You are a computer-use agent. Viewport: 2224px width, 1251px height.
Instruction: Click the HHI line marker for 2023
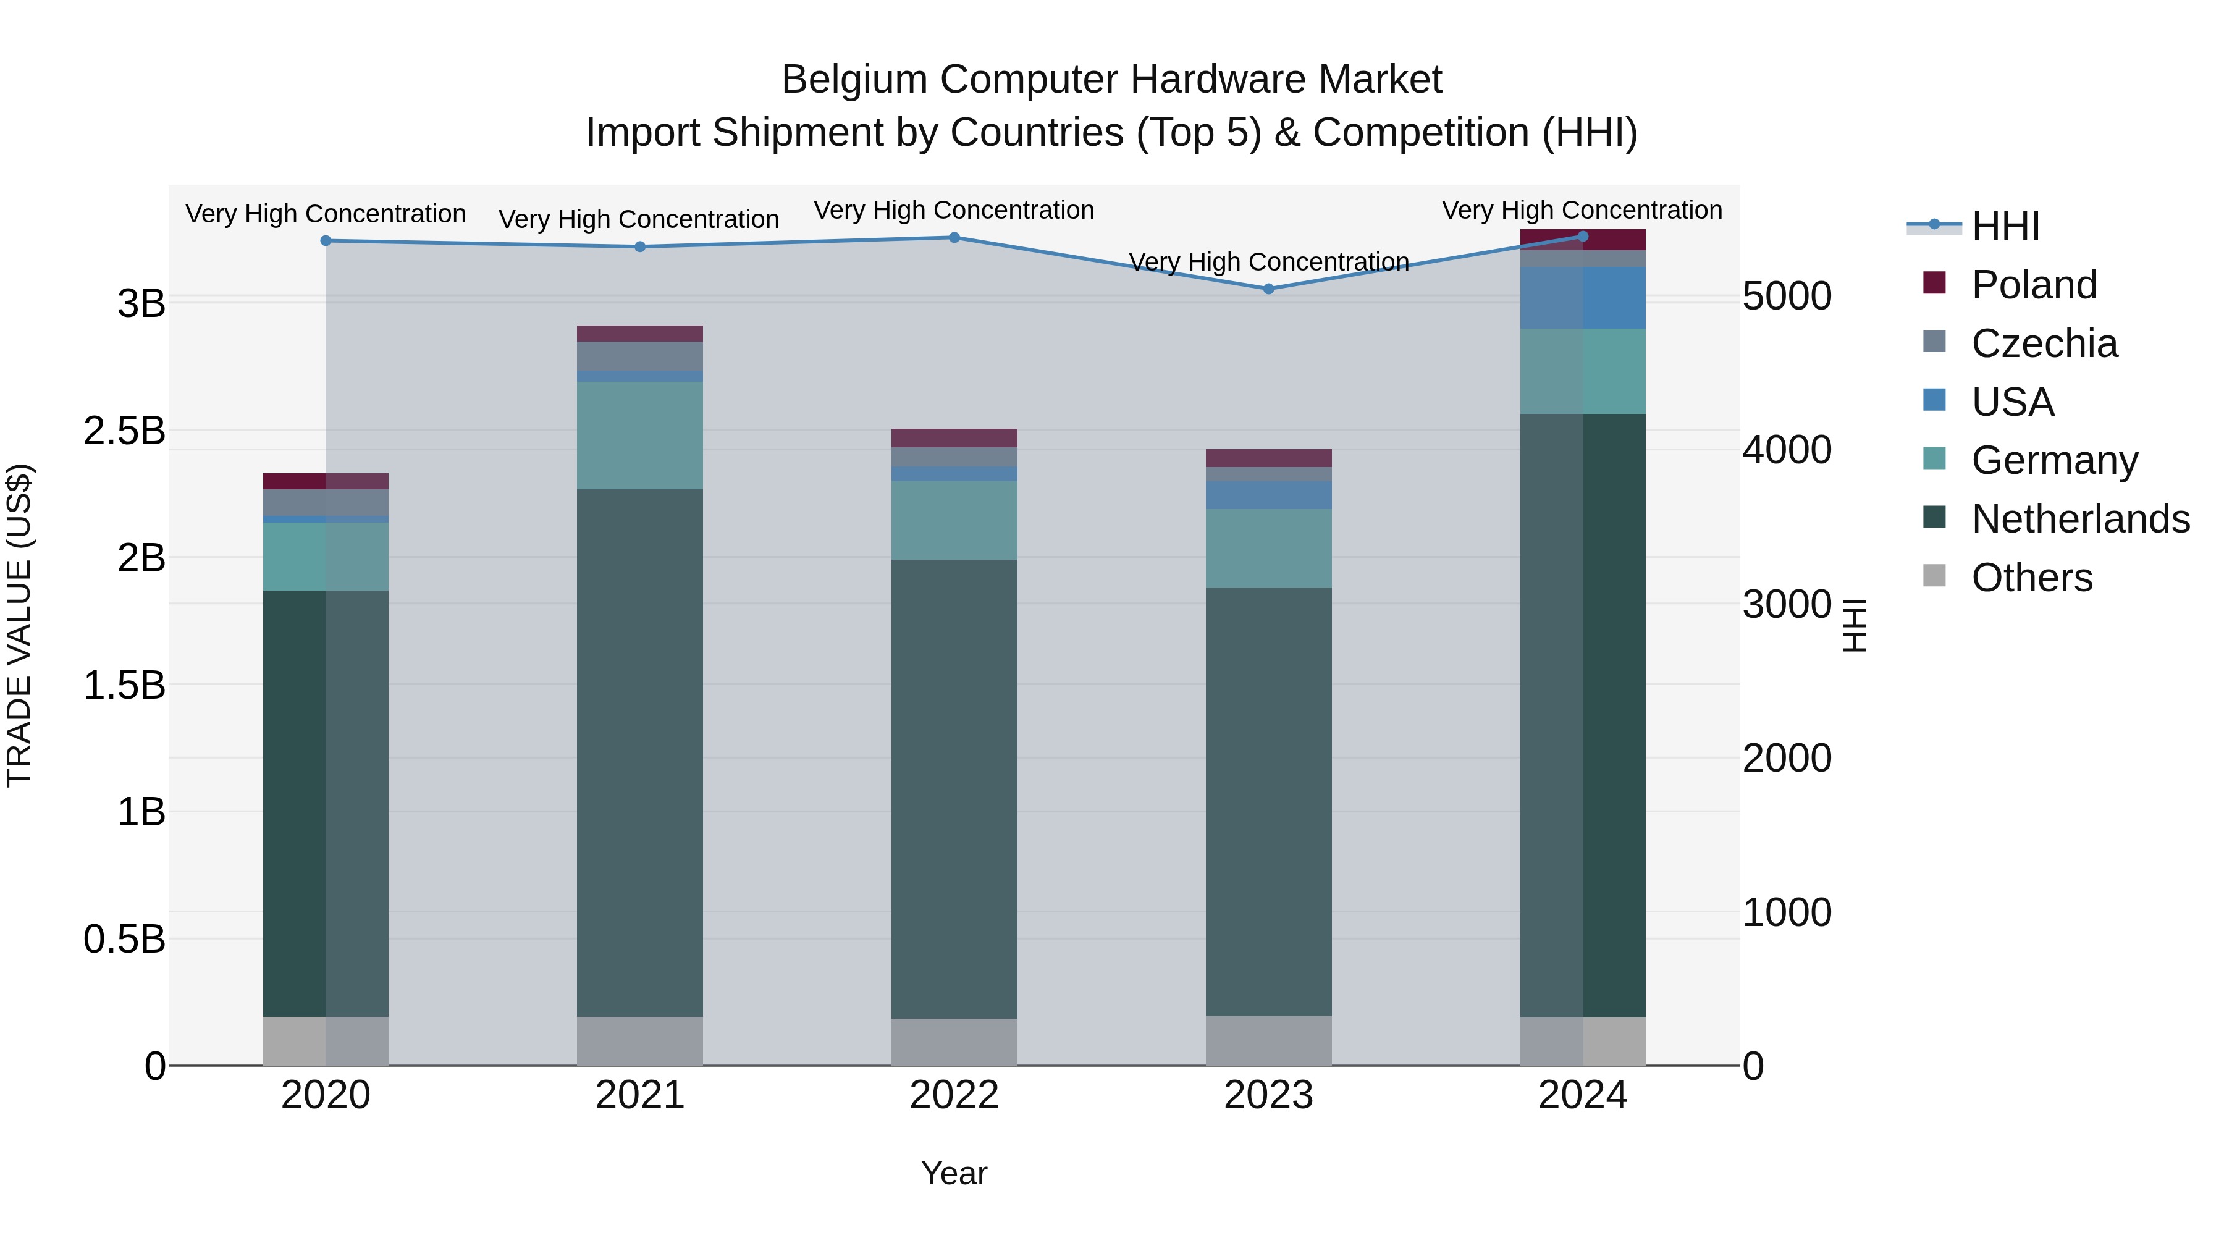[x=1268, y=289]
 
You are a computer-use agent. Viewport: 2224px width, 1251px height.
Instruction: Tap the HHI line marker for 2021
[x=640, y=247]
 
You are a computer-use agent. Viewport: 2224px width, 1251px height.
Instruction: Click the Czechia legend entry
[x=2044, y=343]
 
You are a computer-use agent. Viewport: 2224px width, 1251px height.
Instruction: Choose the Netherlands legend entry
[x=2080, y=519]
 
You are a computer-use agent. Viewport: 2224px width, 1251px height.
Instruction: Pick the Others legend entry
[x=2031, y=578]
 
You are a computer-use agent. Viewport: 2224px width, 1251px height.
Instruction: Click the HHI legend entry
[x=2005, y=226]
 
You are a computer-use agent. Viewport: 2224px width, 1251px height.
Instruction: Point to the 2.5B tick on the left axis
[x=124, y=431]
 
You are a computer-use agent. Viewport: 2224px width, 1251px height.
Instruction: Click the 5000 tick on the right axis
[x=1786, y=296]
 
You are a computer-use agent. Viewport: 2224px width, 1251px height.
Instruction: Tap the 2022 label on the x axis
[x=954, y=1095]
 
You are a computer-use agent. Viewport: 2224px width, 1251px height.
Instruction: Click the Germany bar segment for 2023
[x=1268, y=548]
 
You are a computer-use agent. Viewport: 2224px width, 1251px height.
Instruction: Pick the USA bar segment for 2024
[x=1583, y=298]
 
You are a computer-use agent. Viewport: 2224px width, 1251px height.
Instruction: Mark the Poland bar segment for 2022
[x=954, y=438]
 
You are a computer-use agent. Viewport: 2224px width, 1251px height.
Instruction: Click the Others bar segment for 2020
[x=326, y=1040]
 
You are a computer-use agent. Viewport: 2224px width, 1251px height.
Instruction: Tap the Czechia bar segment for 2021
[x=640, y=356]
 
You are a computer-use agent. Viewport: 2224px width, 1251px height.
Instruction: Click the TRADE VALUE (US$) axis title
[x=19, y=625]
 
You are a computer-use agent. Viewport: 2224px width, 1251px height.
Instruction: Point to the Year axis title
[x=954, y=1173]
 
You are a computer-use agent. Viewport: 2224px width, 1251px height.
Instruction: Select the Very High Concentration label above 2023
[x=1268, y=261]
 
